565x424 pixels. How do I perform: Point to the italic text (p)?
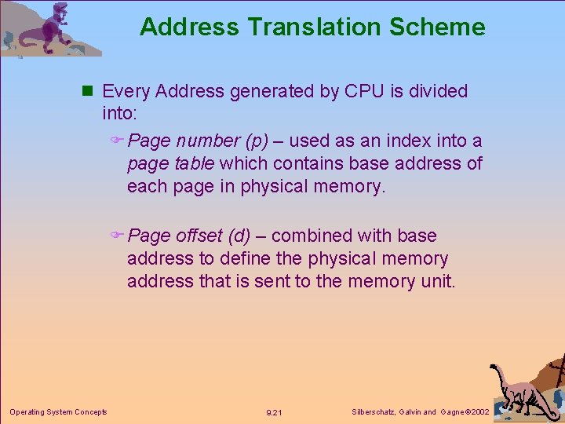pyautogui.click(x=257, y=141)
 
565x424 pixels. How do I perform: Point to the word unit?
pyautogui.click(x=437, y=281)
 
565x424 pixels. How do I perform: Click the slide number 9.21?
pyautogui.click(x=274, y=412)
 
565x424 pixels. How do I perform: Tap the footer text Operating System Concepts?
pyautogui.click(x=58, y=411)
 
